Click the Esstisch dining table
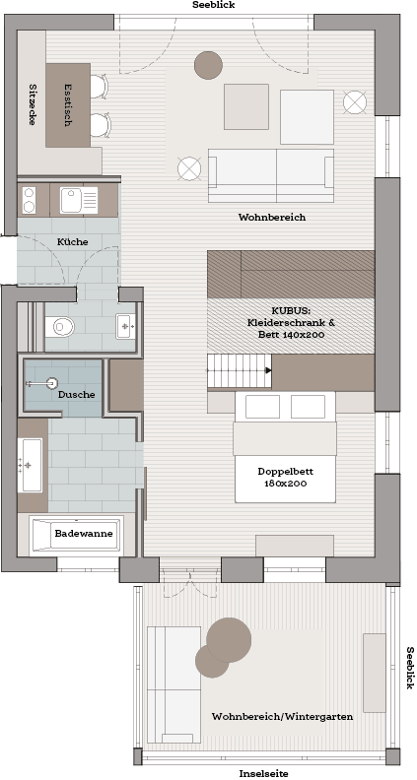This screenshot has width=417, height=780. pos(68,105)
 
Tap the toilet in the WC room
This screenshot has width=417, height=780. pos(60,327)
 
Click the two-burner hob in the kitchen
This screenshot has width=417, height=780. pos(29,200)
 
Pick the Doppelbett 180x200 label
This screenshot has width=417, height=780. pos(286,477)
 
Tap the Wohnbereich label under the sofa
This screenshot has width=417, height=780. pos(271,217)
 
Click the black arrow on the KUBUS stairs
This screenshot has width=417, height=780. pos(268,370)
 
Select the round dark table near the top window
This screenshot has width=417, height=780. pos(208,65)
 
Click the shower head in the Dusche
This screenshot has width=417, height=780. pos(50,383)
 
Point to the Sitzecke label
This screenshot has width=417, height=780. pos(33,104)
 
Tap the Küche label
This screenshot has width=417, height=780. pos(72,241)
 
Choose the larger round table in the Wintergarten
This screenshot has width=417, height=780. pos(229,640)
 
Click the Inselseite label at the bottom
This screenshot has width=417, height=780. pos(263,773)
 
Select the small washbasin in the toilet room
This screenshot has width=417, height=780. pos(125,326)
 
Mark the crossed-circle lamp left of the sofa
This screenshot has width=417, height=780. pos(189,168)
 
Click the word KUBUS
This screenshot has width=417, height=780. pos(291,310)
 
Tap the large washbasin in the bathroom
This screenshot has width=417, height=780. pos(30,465)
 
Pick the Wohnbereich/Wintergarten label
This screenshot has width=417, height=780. pos(283,716)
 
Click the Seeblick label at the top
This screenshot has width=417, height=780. pos(213,5)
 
